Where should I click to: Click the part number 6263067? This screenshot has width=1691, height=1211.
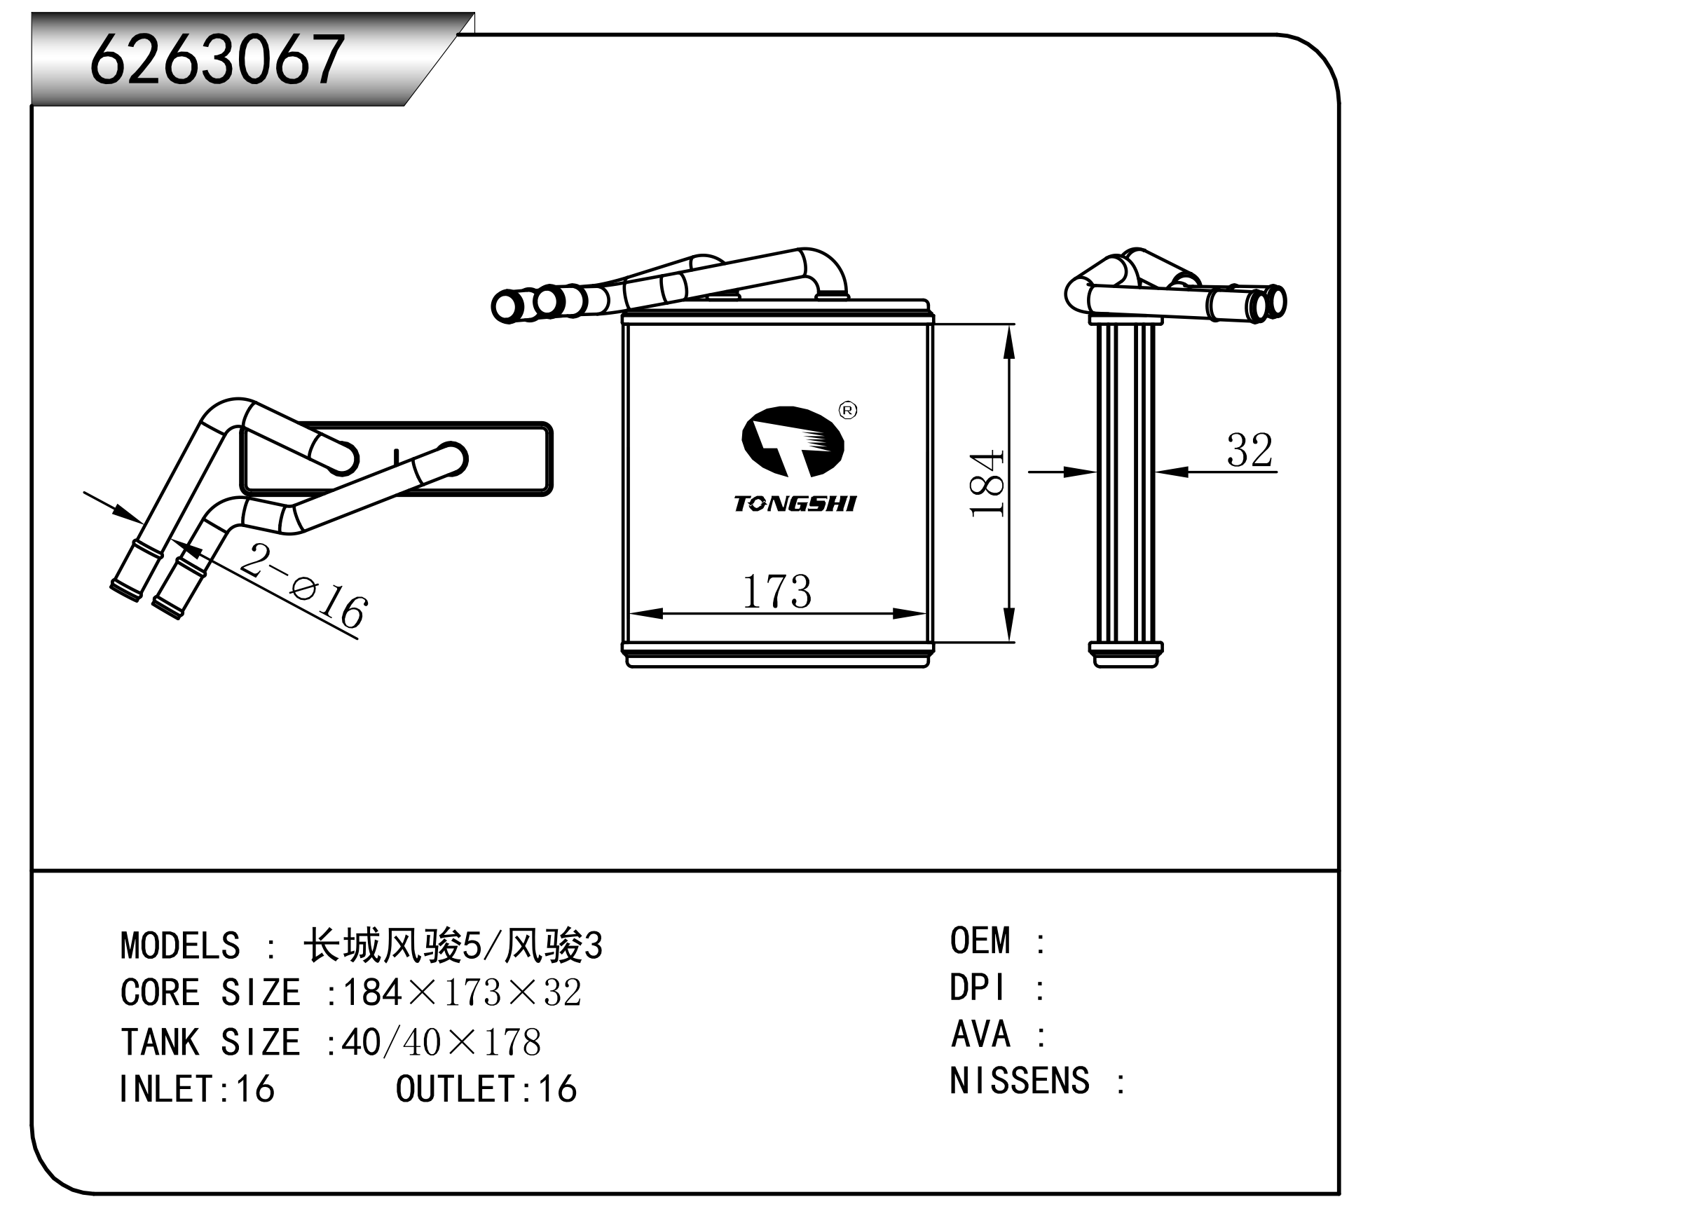pyautogui.click(x=217, y=60)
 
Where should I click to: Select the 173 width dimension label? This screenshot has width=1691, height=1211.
pyautogui.click(x=776, y=591)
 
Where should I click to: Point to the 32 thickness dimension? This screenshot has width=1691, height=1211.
pyautogui.click(x=1249, y=451)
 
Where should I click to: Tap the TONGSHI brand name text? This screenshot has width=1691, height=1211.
pyautogui.click(x=795, y=504)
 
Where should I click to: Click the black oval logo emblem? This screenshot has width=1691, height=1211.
pyautogui.click(x=793, y=442)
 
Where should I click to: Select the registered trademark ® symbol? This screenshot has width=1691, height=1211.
pyautogui.click(x=848, y=410)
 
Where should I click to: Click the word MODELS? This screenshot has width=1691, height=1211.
pyautogui.click(x=180, y=946)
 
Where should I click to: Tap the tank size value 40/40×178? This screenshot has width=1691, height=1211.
pyautogui.click(x=441, y=1043)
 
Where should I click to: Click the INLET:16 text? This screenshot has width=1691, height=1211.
pyautogui.click(x=197, y=1090)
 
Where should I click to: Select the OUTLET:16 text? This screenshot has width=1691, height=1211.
pyautogui.click(x=486, y=1090)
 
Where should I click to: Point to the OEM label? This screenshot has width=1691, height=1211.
pyautogui.click(x=980, y=941)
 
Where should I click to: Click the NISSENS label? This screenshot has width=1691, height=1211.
pyautogui.click(x=1019, y=1081)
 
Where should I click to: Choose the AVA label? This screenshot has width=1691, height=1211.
pyautogui.click(x=980, y=1035)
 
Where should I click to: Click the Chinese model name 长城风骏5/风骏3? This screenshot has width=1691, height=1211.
pyautogui.click(x=453, y=946)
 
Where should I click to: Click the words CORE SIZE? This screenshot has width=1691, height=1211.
pyautogui.click(x=210, y=993)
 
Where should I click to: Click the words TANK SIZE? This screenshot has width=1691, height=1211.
pyautogui.click(x=210, y=1043)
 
